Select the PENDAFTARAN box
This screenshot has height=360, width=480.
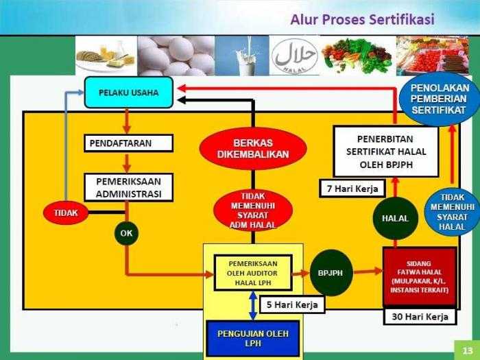coord(129,143)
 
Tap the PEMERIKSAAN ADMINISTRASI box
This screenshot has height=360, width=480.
coord(129,187)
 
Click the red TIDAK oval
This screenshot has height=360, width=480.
coord(66,213)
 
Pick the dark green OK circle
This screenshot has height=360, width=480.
coord(126,232)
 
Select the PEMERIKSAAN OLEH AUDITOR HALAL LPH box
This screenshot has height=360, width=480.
coord(253,272)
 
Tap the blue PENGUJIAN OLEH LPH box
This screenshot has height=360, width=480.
coord(253,339)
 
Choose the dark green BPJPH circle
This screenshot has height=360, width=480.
coord(331,272)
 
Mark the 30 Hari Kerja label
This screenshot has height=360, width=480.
coord(420,317)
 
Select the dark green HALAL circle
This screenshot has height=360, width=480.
coord(391,218)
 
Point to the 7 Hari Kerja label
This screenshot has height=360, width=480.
coord(352,187)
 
